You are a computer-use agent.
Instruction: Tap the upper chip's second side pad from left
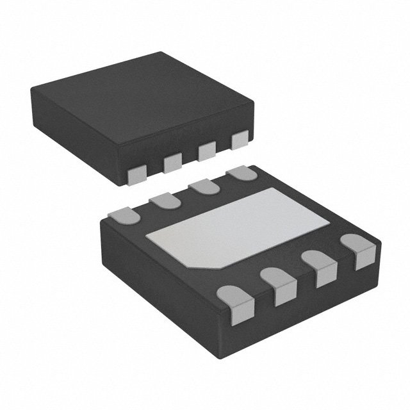click(172, 163)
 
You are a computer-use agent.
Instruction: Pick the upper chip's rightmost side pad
click(240, 140)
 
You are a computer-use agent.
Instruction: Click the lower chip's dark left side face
click(160, 275)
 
